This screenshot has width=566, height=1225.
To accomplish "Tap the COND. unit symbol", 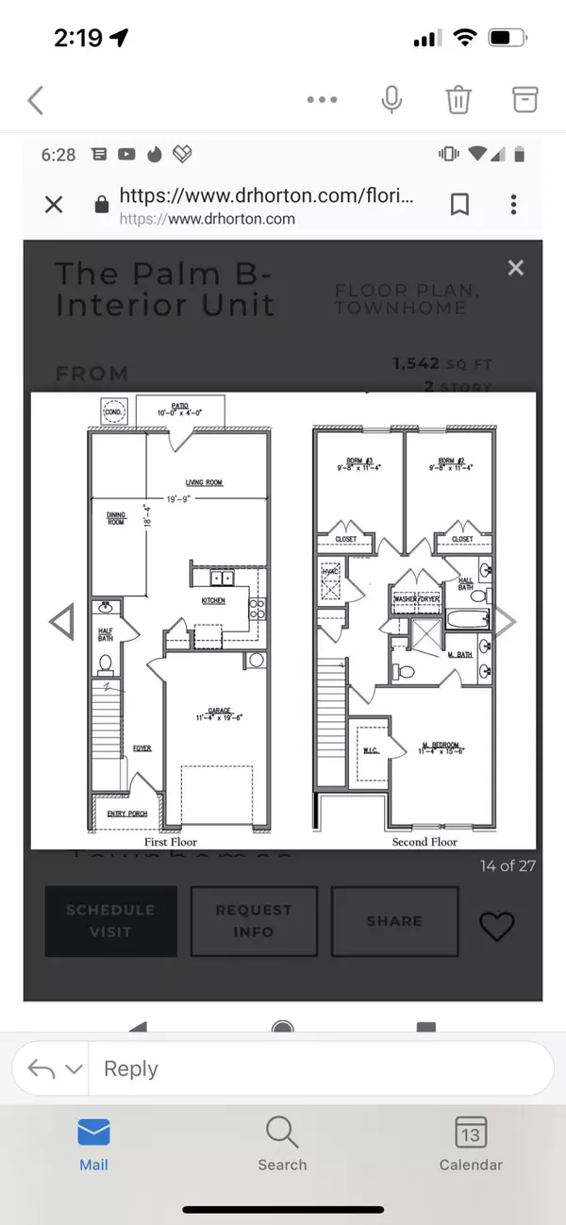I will tap(113, 411).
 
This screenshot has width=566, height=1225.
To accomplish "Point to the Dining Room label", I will tap(116, 517).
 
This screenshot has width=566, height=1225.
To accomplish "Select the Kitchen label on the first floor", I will tap(213, 600).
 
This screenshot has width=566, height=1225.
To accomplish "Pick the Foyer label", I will tap(141, 748).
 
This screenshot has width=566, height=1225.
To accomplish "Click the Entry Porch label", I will tap(124, 813).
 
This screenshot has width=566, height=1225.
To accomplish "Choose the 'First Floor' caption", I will tap(171, 841).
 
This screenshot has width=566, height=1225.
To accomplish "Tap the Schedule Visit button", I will tap(110, 920).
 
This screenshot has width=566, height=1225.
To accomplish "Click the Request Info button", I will tap(253, 921).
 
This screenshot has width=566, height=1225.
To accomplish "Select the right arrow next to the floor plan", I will tap(507, 621).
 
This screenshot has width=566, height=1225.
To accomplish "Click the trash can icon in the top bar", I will tap(458, 99).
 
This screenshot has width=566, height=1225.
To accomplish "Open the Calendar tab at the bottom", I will tap(471, 1144).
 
